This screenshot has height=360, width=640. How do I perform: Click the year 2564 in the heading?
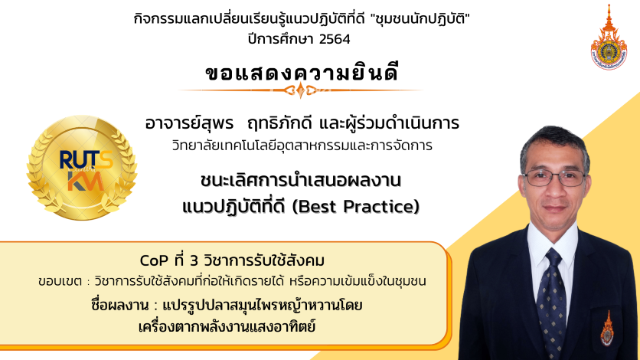tap(335, 39)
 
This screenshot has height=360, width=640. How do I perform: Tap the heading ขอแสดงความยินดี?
tap(302, 72)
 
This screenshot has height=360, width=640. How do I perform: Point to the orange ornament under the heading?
tap(301, 90)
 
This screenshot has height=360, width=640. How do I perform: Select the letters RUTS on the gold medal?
tap(86, 159)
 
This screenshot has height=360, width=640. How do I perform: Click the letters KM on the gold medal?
tap(85, 181)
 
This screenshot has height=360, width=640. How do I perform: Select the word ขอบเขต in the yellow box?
tap(60, 282)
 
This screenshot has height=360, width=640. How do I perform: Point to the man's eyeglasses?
tap(555, 178)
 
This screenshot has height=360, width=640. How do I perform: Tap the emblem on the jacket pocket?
tap(606, 329)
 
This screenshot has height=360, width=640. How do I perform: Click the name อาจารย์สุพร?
tap(189, 123)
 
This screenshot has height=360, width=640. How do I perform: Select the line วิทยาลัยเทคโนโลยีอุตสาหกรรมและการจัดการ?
tap(302, 146)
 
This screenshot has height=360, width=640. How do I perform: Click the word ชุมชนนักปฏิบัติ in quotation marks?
tap(420, 19)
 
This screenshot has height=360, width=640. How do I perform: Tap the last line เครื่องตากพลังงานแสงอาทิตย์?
tap(227, 326)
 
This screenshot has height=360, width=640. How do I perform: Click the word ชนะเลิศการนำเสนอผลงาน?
tap(301, 180)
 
